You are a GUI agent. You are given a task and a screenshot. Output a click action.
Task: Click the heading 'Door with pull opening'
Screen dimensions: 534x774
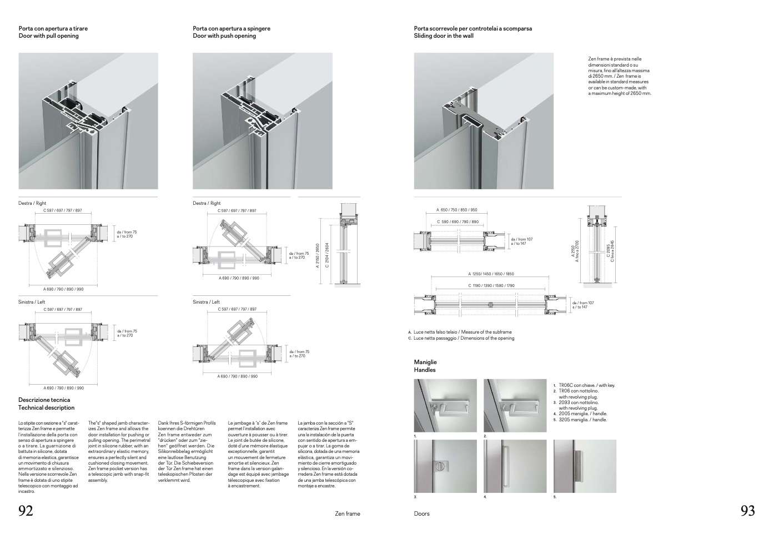pos(49,36)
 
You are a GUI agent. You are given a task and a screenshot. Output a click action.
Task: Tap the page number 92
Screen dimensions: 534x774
pos(26,511)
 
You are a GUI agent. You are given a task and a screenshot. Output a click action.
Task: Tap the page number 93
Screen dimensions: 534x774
pos(747,511)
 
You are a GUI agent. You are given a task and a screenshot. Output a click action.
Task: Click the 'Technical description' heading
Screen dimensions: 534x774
pos(47,408)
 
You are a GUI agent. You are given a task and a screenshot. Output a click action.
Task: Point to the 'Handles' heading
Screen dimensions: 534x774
pos(425,370)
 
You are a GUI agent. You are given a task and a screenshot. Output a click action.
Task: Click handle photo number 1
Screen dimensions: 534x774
pos(445,406)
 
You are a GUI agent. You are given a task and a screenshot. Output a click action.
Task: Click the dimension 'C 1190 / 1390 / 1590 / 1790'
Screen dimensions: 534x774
pos(491,286)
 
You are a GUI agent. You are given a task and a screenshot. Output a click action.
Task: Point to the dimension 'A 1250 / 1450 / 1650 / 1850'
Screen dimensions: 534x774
pos(491,274)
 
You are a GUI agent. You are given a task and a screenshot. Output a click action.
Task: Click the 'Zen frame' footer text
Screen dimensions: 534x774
pos(348,514)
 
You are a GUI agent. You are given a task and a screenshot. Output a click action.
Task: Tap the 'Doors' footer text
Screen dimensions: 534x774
pos(422,514)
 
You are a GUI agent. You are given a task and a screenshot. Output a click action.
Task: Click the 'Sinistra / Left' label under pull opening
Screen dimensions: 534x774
pos(32,302)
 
